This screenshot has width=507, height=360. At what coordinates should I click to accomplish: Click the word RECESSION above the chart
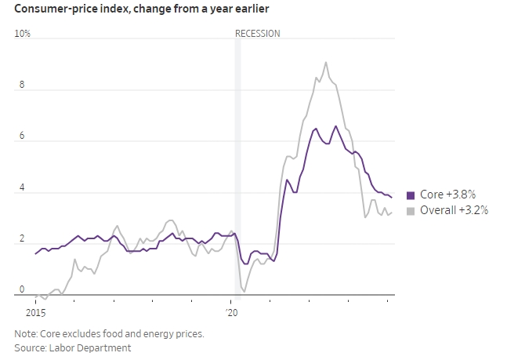click(x=257, y=34)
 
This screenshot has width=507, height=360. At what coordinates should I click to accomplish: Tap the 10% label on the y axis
click(x=22, y=34)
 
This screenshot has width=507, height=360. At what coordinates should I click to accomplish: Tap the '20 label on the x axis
click(x=232, y=313)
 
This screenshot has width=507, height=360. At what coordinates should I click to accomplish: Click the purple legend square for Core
click(x=411, y=195)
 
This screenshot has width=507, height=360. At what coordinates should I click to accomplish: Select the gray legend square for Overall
click(x=411, y=211)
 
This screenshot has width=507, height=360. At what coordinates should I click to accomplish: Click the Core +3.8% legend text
click(x=447, y=195)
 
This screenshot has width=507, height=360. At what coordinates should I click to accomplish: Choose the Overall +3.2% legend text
click(x=454, y=211)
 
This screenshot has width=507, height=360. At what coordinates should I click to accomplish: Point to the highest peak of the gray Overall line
click(x=326, y=62)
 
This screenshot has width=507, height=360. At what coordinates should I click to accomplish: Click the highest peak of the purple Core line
click(x=336, y=125)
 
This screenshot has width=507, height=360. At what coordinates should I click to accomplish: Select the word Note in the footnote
click(x=25, y=334)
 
